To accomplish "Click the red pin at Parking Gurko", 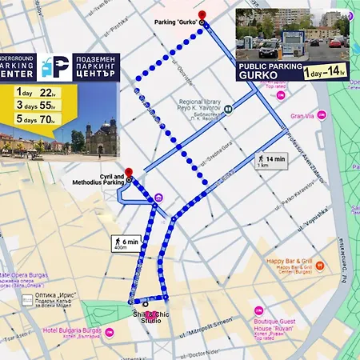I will pos(202,16).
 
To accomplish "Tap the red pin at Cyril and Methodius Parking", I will pos(129,172).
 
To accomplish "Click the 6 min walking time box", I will pos(126,242).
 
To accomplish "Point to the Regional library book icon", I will pos(228,108).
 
